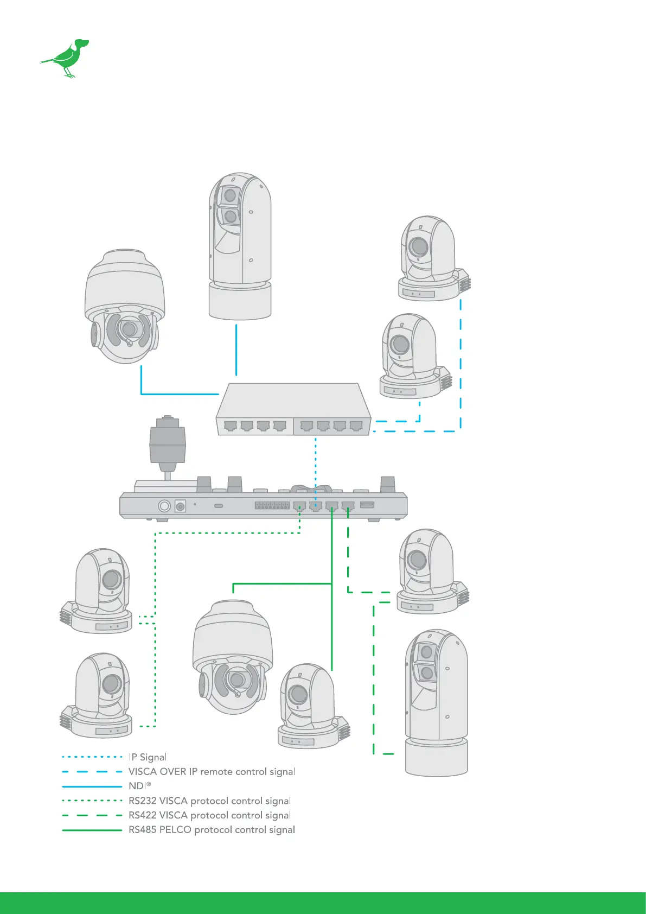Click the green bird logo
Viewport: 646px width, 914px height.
tap(66, 58)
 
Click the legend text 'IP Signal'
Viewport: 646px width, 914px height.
tap(148, 757)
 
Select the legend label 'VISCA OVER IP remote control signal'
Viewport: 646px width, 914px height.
tap(212, 771)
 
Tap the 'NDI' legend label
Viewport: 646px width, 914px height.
tap(139, 786)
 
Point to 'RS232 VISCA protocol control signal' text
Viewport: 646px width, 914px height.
tap(209, 801)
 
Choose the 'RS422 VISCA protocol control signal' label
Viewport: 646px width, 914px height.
tap(209, 815)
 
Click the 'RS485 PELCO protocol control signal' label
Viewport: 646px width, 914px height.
tap(212, 829)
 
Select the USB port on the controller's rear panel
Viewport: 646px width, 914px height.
tap(367, 505)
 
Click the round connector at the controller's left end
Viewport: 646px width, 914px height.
tap(164, 506)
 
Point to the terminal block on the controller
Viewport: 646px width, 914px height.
tap(272, 505)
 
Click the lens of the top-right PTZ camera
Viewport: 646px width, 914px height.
tap(419, 246)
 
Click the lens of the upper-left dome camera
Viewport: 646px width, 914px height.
tap(129, 329)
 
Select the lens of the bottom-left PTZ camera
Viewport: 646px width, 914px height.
tap(112, 683)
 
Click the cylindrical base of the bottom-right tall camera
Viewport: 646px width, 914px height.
tap(437, 757)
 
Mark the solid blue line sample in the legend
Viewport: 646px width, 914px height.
tap(92, 786)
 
